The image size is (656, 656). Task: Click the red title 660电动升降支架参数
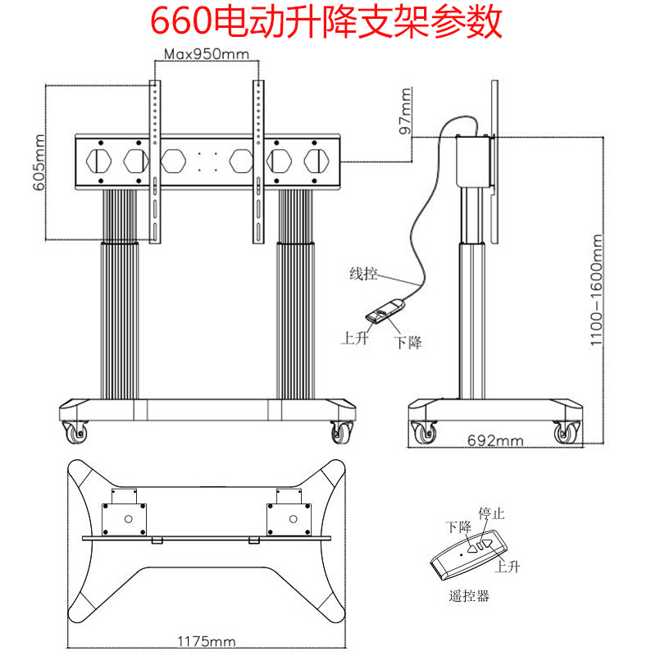pyautogui.click(x=326, y=23)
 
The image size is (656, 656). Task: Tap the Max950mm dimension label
pyautogui.click(x=207, y=54)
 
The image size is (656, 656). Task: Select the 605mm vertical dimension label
pyautogui.click(x=39, y=162)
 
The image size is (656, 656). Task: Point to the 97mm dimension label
pyautogui.click(x=405, y=112)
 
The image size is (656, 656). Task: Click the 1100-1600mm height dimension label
pyautogui.click(x=596, y=290)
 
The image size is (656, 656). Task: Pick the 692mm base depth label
pyautogui.click(x=495, y=440)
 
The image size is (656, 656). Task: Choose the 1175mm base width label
pyautogui.click(x=207, y=641)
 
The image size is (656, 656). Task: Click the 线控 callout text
pyautogui.click(x=363, y=274)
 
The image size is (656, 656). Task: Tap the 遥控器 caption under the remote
pyautogui.click(x=469, y=596)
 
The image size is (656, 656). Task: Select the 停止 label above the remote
pyautogui.click(x=491, y=513)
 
